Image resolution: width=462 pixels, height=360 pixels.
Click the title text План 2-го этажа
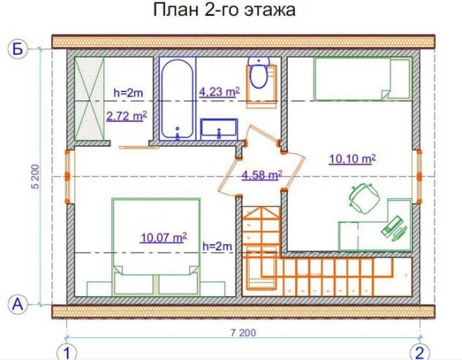point(224,10)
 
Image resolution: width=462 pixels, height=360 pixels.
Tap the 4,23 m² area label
point(220,92)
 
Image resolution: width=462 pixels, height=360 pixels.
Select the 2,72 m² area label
point(127,116)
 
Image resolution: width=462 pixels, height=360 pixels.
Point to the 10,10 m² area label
point(353,159)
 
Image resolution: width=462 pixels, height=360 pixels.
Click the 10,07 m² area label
point(163,238)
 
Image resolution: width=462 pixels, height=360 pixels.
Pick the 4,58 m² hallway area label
point(262,175)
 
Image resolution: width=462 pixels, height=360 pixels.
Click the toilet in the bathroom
point(259,72)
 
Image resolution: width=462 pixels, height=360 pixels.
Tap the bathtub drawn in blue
point(178,99)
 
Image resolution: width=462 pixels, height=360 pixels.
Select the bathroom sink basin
point(219,129)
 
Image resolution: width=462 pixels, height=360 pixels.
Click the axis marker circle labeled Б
point(17,49)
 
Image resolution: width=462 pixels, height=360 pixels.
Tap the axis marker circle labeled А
point(17,304)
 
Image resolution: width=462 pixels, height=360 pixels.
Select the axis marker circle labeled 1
point(67,351)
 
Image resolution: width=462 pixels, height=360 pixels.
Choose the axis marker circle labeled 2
point(420,351)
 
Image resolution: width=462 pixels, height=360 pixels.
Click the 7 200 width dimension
point(243,332)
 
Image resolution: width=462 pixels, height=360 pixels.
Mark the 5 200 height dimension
point(36,176)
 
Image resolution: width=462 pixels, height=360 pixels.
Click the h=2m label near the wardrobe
point(129,93)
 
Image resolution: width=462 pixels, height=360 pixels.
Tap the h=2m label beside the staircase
point(217,246)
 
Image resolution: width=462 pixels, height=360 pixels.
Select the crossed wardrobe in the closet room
point(89,99)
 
